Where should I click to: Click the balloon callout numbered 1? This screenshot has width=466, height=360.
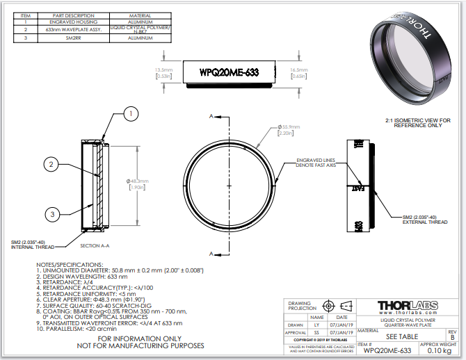click(x=132, y=113)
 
